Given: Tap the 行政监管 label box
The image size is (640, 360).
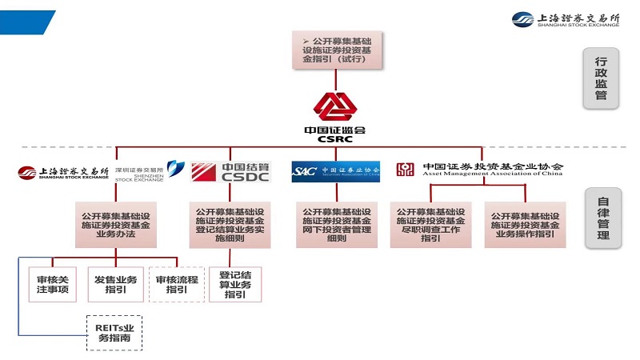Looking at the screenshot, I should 601,77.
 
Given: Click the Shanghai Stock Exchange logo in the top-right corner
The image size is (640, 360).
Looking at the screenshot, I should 566,19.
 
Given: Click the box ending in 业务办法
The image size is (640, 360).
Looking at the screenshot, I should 116,224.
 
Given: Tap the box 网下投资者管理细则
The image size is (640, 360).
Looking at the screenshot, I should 337,226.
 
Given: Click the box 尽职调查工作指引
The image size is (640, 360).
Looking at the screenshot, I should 430,226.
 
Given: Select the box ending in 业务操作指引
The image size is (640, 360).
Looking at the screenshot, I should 526,226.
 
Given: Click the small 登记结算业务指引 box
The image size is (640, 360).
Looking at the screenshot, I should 234,285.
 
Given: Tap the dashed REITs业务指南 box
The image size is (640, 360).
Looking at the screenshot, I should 114,332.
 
